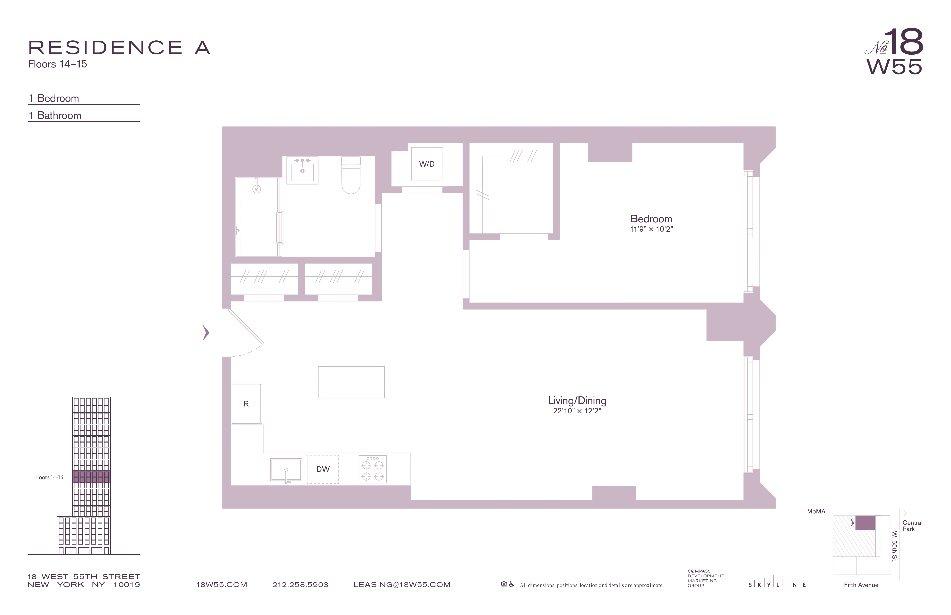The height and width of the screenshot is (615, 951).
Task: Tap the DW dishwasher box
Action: click(323, 469)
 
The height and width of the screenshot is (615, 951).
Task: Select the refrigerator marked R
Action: click(246, 404)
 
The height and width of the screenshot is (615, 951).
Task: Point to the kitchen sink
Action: click(286, 470)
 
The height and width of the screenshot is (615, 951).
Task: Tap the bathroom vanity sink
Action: click(302, 171)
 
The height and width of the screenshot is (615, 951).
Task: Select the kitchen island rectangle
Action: click(351, 382)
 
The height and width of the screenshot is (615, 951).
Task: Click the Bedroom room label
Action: click(651, 219)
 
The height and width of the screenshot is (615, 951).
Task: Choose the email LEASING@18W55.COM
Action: click(402, 585)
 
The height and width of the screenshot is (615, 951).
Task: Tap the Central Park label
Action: click(912, 526)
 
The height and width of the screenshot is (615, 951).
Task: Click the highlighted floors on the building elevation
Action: click(92, 477)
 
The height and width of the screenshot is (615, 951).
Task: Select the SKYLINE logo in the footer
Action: click(777, 585)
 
